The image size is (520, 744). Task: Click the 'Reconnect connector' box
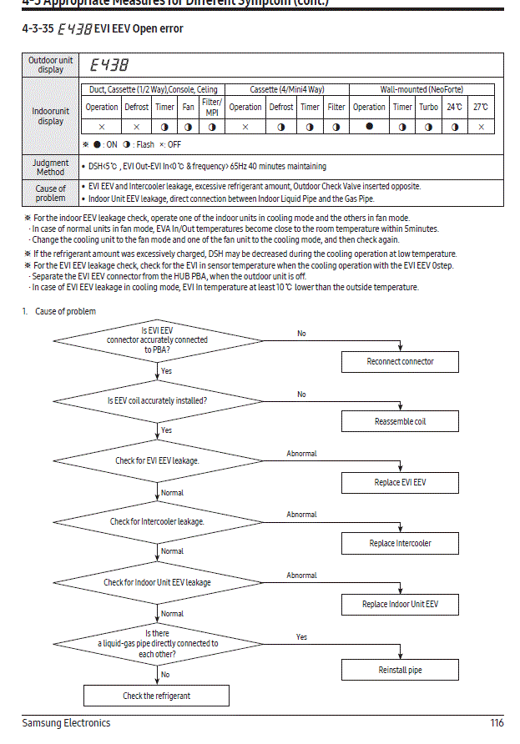400,361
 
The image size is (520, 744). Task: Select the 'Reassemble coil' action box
400,421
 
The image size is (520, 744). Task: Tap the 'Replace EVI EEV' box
400,483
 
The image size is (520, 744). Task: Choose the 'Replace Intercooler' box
400,543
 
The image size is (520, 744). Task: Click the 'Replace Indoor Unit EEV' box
400,604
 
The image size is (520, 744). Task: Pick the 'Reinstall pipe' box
400,670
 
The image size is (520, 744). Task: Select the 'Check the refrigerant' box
156,696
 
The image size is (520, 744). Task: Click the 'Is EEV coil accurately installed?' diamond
157,400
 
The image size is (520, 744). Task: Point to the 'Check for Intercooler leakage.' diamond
157,521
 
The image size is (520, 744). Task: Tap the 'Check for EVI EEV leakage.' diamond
157,460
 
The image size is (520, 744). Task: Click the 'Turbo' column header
428,107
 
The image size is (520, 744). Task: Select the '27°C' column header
481,107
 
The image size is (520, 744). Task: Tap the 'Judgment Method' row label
51,167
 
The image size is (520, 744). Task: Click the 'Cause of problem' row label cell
51,194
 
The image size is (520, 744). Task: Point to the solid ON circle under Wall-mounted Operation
369,126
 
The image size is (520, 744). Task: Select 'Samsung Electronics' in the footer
66,723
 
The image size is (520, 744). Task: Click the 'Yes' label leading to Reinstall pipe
301,637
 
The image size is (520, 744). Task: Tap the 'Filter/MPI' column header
212,107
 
